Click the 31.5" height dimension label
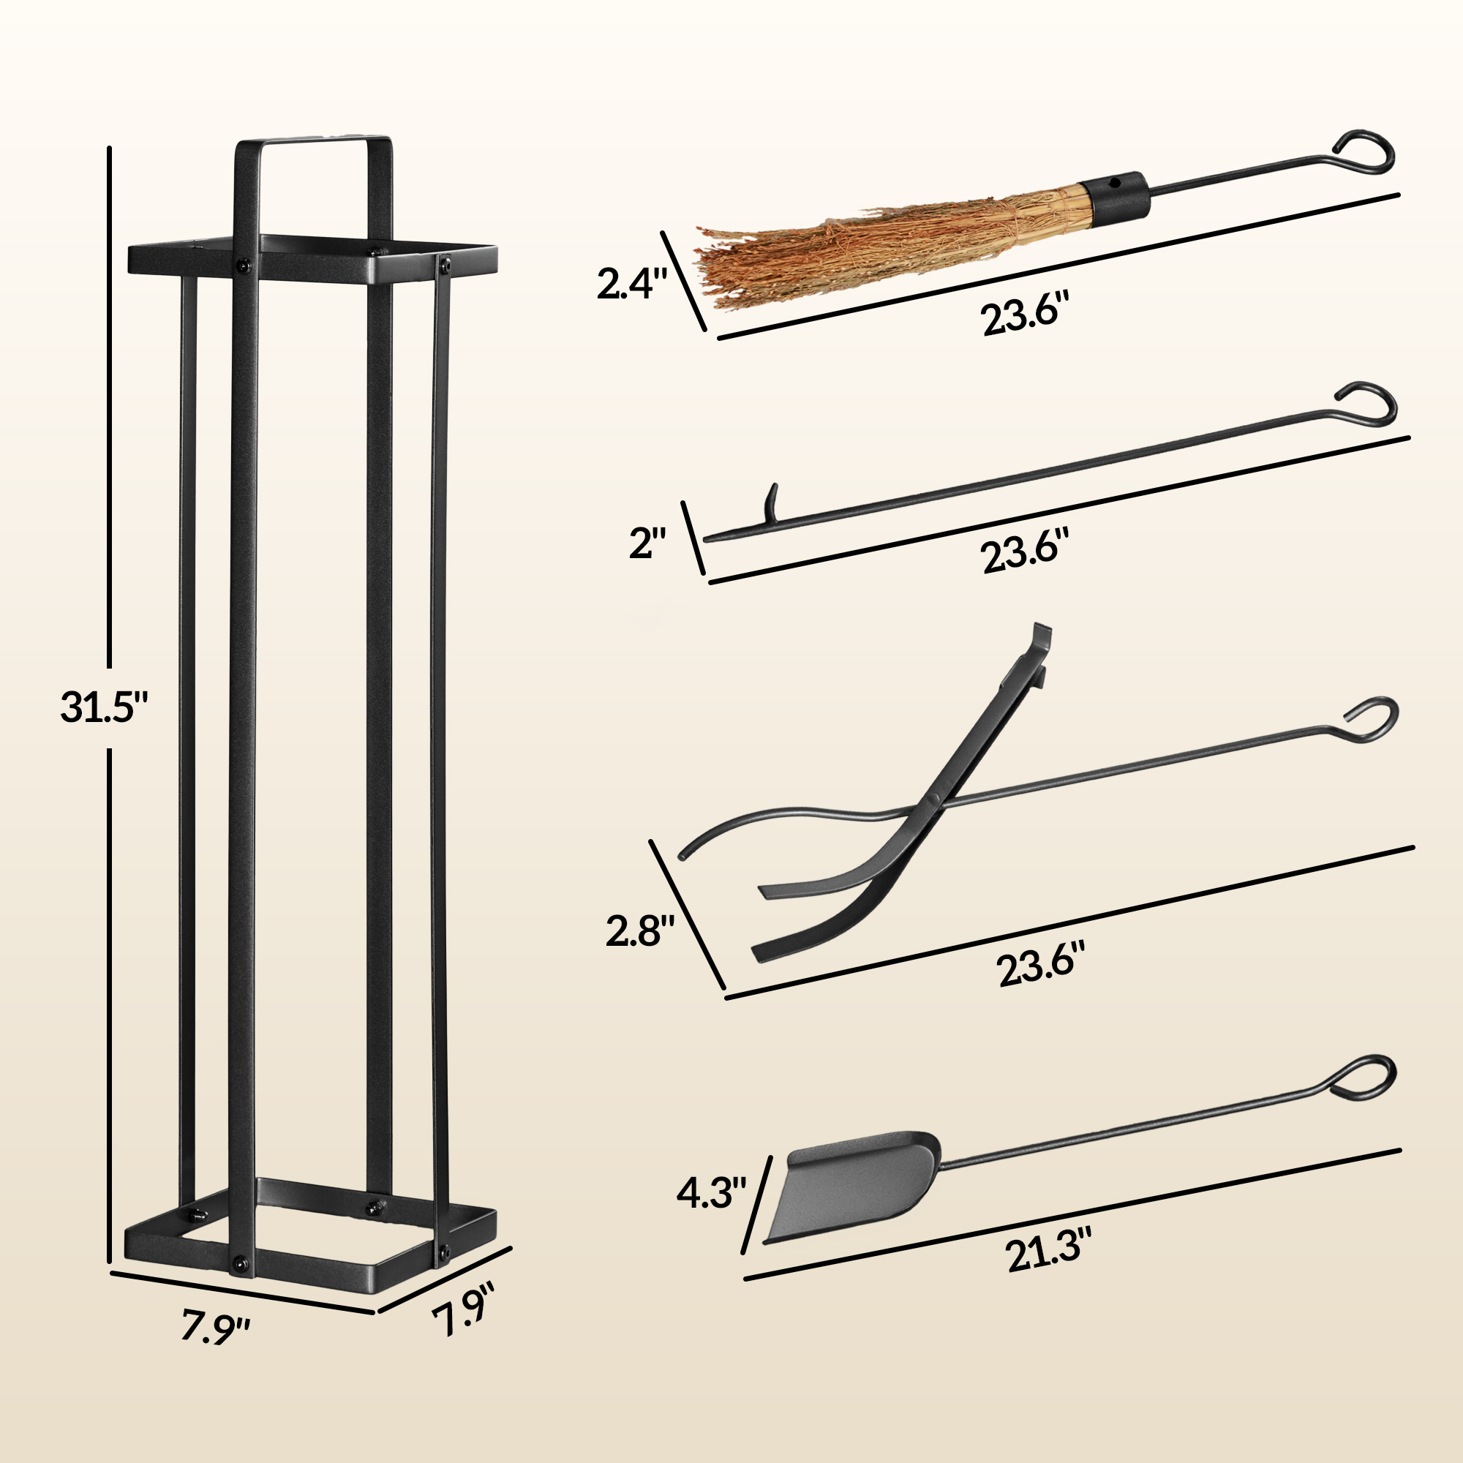pos(105,708)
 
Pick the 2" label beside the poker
pos(648,543)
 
